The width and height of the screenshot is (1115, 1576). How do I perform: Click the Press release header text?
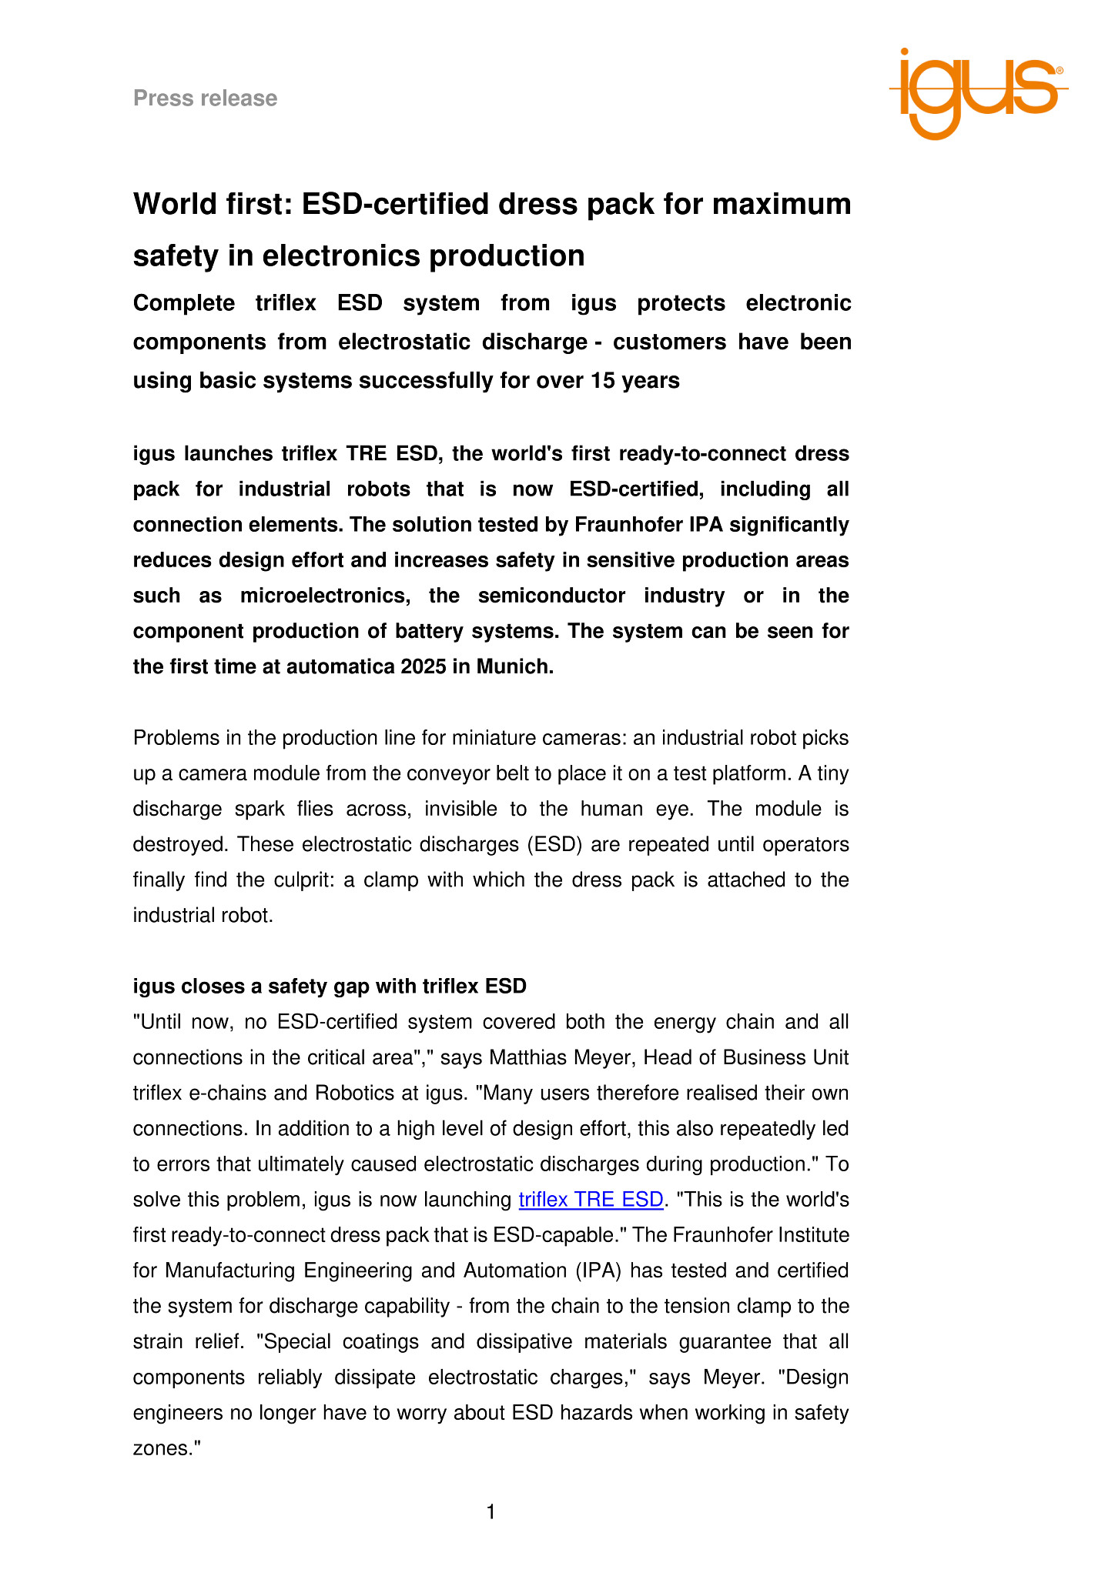(205, 98)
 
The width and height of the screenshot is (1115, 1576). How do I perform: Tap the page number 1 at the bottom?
(491, 1512)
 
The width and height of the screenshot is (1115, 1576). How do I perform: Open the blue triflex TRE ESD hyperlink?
(591, 1200)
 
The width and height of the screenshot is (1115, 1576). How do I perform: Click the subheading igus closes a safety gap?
(330, 987)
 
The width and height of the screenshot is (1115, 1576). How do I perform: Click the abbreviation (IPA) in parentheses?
(598, 1270)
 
